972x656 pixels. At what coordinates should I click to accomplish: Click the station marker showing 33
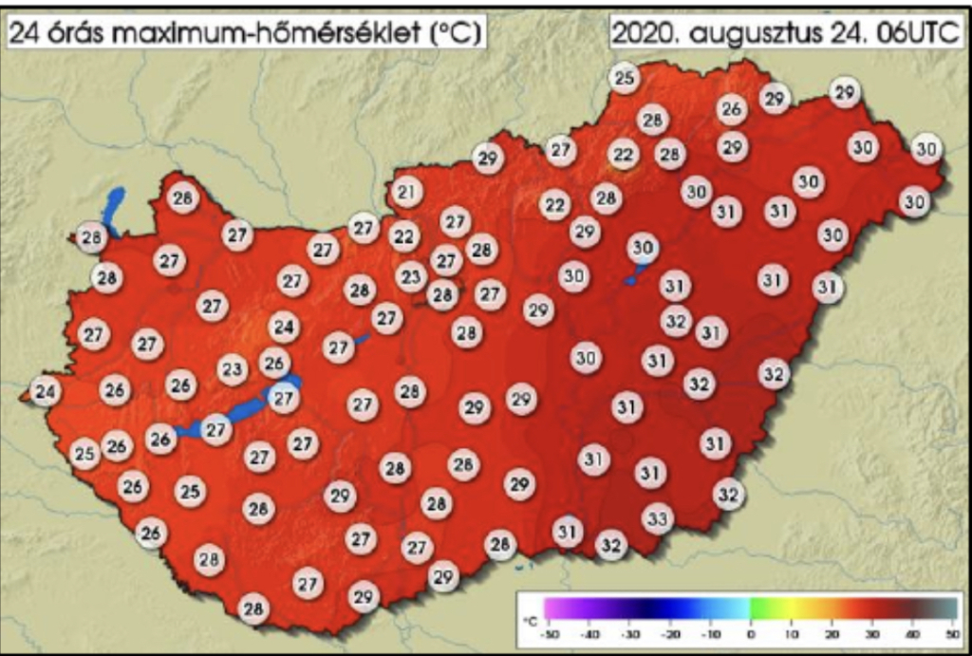[658, 518]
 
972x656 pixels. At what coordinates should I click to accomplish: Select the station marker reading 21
[406, 193]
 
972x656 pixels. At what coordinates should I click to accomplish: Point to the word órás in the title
[76, 32]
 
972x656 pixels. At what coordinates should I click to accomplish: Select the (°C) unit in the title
[454, 32]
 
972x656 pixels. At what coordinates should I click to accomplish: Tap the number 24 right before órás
[26, 32]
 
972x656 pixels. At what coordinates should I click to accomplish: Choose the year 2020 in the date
[644, 32]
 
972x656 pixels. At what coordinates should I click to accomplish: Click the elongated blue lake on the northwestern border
[114, 209]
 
